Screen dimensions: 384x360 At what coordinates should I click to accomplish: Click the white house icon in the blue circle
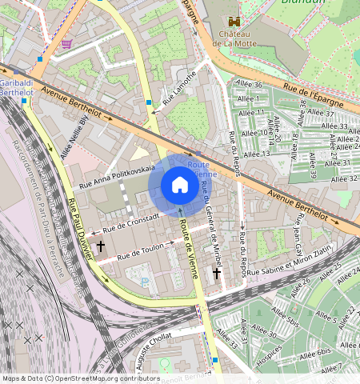180,186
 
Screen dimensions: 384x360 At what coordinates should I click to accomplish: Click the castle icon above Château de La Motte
234,22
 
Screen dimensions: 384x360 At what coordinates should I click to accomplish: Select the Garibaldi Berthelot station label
16,87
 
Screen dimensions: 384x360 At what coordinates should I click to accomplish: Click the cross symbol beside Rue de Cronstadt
101,246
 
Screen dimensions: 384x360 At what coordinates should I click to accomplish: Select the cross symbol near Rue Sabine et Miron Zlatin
216,274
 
